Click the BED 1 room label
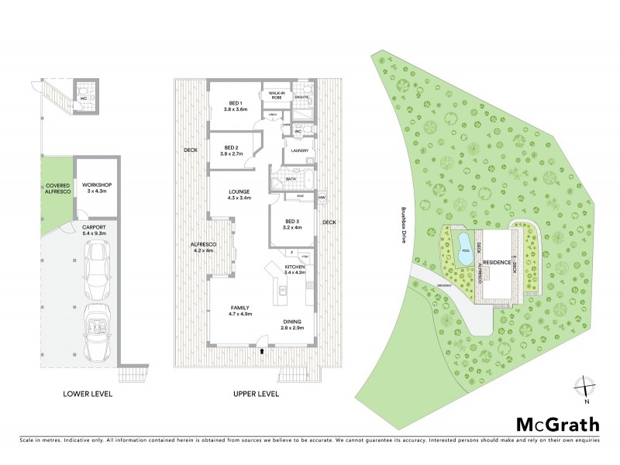[236, 103]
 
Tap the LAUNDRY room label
[301, 151]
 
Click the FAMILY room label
[239, 308]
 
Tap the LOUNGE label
[238, 191]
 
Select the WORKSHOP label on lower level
[98, 184]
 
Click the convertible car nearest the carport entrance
[98, 333]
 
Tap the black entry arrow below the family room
[263, 351]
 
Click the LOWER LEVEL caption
[88, 394]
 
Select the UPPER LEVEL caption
[256, 394]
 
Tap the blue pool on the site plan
[463, 249]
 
